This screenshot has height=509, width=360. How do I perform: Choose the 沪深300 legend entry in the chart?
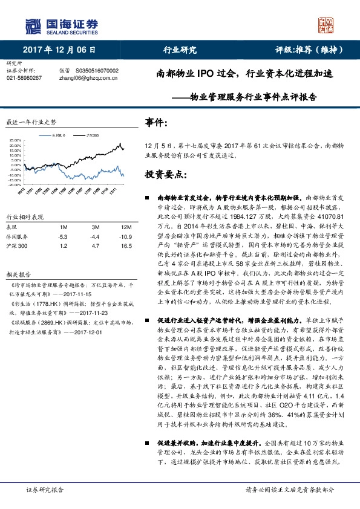point(90,135)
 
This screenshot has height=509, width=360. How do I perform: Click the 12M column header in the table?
point(125,227)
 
